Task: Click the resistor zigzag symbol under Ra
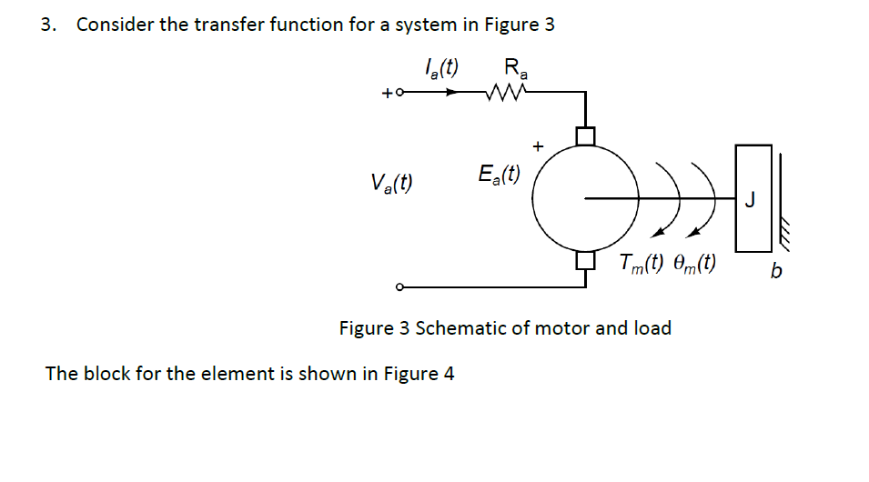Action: [504, 92]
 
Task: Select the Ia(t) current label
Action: [441, 67]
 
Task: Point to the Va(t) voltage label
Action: [391, 183]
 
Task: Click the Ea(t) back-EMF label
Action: [499, 174]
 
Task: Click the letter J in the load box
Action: [749, 199]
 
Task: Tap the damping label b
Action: [774, 271]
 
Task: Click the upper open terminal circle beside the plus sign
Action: [399, 92]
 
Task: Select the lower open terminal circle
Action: [399, 288]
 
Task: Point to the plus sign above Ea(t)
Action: [538, 145]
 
